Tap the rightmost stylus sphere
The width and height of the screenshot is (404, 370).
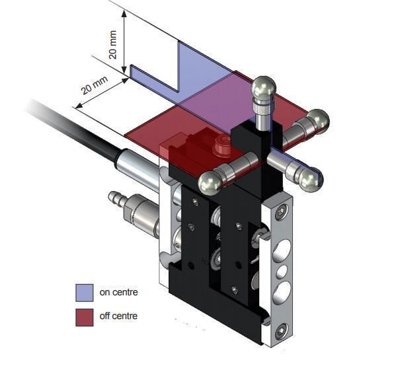point(318,120)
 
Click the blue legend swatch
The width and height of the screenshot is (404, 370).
point(84,291)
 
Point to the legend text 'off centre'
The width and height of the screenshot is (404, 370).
point(118,316)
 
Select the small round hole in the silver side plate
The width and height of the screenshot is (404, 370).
point(282,271)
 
